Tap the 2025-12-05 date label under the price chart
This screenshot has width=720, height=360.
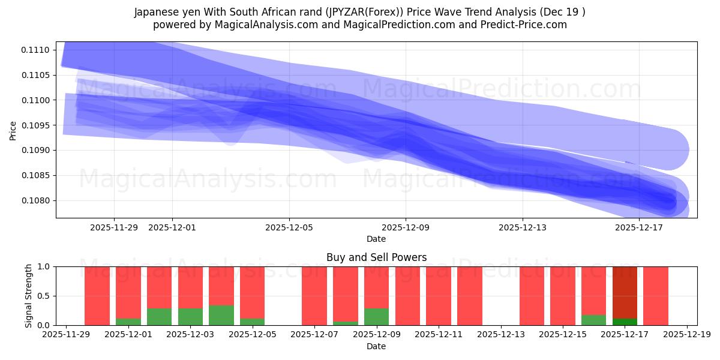click(289, 227)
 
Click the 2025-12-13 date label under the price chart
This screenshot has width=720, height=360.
click(523, 227)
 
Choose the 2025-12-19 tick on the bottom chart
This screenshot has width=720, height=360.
click(686, 335)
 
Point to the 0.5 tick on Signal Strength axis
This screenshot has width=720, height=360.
click(44, 296)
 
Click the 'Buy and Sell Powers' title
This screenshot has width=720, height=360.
click(376, 257)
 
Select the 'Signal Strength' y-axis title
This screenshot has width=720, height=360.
click(29, 296)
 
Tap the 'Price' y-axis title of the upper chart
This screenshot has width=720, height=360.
click(13, 130)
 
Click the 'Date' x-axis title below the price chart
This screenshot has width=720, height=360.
click(376, 239)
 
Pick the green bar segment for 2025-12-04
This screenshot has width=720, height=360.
click(221, 315)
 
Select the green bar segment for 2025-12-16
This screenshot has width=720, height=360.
click(593, 320)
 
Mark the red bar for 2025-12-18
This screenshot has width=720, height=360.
click(656, 296)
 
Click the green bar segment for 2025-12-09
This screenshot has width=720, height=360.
click(376, 317)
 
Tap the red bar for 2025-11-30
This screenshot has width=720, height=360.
click(97, 296)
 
